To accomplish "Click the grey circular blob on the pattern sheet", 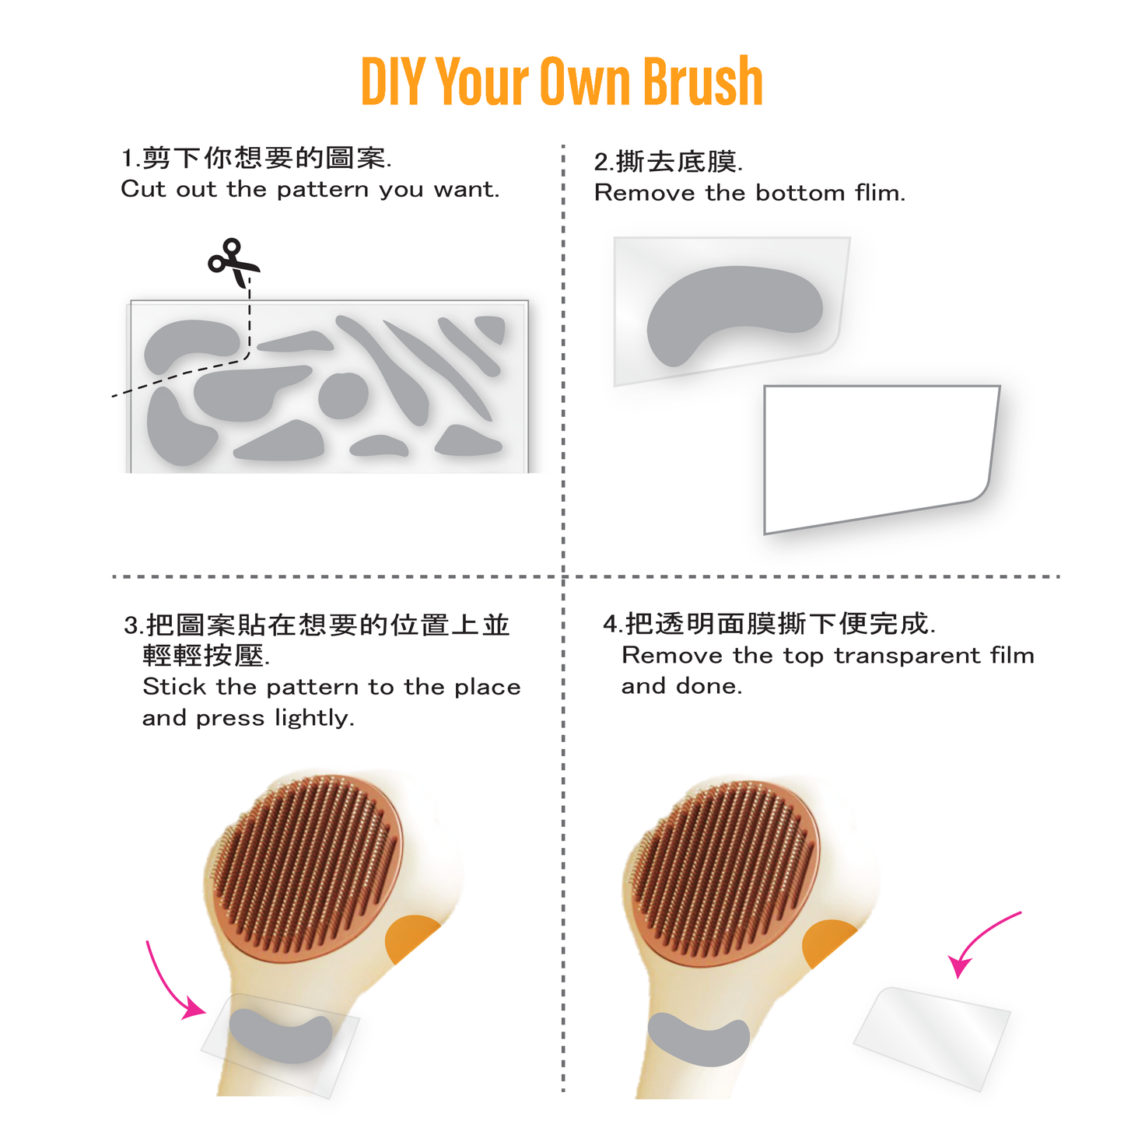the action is pos(343,395).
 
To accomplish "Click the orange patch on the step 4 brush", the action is pos(827,943).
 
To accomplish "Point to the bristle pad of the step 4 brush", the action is pos(722,869).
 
